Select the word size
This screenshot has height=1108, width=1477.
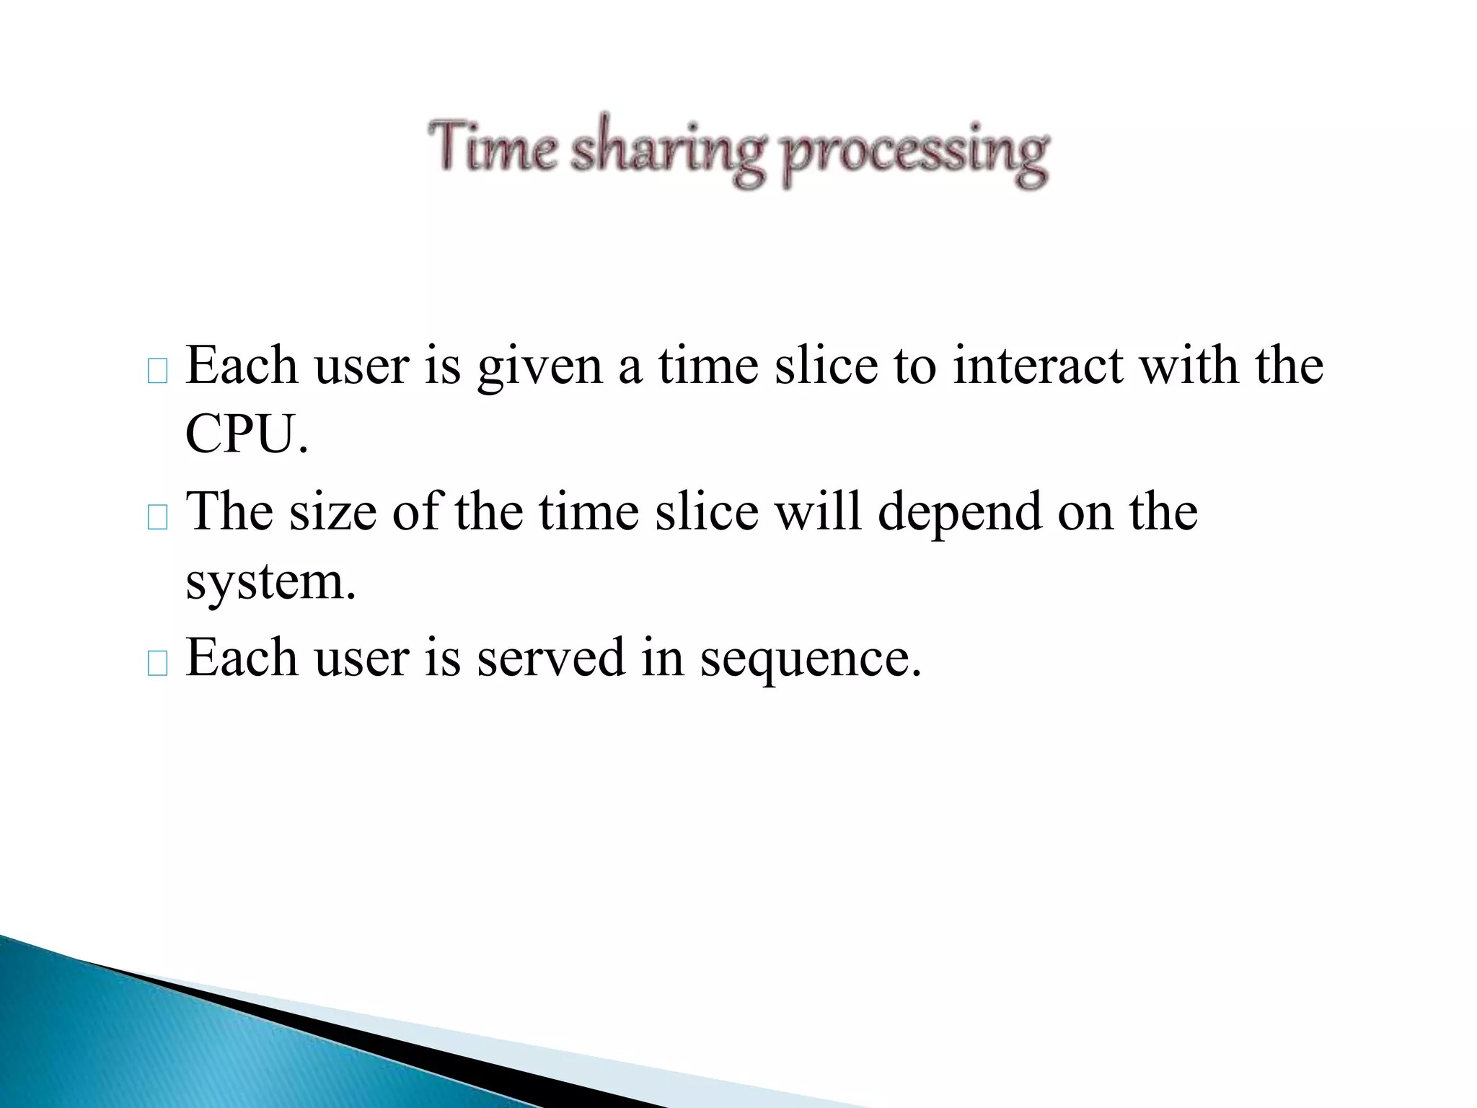[x=333, y=511]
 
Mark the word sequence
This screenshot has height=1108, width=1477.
[x=811, y=659]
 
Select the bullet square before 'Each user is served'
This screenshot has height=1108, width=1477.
[x=157, y=664]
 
